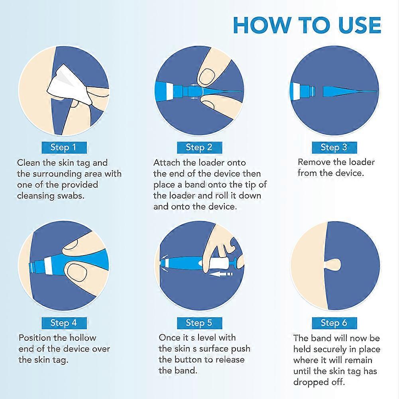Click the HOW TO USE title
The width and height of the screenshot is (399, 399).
click(x=307, y=25)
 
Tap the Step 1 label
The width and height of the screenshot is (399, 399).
click(x=64, y=147)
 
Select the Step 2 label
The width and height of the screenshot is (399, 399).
click(x=199, y=147)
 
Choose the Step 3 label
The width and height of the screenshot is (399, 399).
click(x=334, y=147)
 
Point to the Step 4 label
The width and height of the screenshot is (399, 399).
click(x=64, y=323)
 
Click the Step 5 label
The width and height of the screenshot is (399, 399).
click(x=199, y=323)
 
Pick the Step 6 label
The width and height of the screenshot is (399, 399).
click(x=334, y=323)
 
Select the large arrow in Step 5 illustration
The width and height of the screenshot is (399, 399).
click(x=220, y=274)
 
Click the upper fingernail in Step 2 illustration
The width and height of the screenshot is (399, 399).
click(x=206, y=77)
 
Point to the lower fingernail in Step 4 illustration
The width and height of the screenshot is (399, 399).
click(x=77, y=273)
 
